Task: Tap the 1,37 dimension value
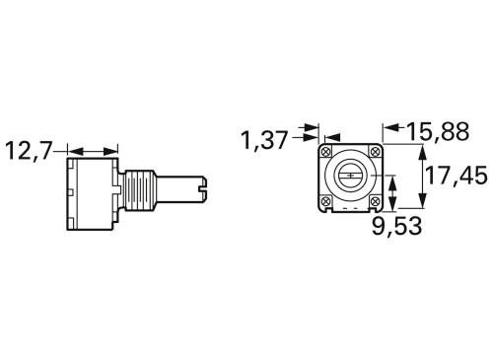[265, 139]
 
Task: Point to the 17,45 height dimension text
[458, 177]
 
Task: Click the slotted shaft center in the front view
[351, 177]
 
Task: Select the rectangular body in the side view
[93, 193]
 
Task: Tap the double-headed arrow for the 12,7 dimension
[93, 151]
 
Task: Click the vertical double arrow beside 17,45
[422, 177]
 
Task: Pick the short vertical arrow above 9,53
[394, 191]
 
